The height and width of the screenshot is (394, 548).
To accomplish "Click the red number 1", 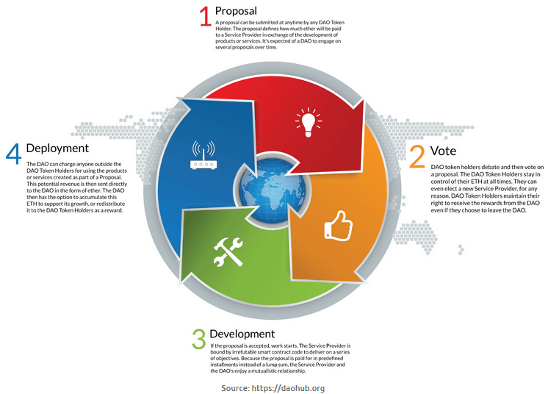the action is (x=206, y=17).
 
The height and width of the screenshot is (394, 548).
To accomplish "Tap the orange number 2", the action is (x=417, y=157).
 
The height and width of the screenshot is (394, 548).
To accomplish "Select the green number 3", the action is (x=199, y=339).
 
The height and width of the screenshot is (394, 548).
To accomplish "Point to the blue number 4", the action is (x=14, y=154).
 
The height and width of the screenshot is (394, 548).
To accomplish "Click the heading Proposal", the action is (x=236, y=11).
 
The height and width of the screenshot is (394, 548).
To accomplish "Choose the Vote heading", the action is (x=443, y=151).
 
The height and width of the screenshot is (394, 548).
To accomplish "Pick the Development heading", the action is (x=242, y=334).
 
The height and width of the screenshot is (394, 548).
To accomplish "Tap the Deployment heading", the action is (x=57, y=148).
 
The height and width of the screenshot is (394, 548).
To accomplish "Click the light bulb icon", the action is (x=309, y=122).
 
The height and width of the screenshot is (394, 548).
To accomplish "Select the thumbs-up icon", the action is (x=339, y=226).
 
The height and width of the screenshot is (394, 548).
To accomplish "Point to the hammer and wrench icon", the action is (x=228, y=251).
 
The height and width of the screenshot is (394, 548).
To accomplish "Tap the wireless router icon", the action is (x=203, y=155).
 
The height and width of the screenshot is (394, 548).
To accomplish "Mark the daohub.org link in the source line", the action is (x=288, y=388).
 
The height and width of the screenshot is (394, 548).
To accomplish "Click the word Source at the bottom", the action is (x=235, y=388).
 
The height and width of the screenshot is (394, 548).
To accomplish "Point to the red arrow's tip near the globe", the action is (x=287, y=172).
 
